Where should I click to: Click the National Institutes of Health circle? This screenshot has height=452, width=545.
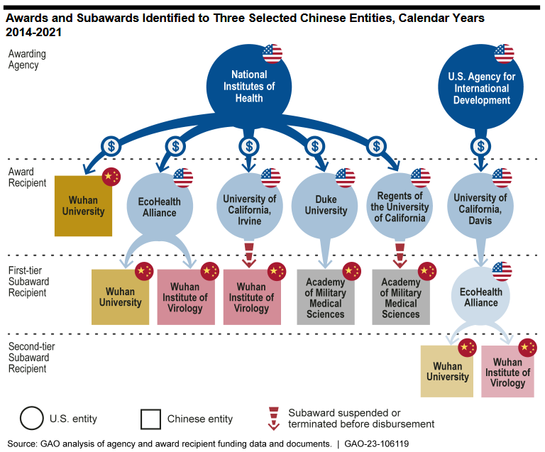click(x=249, y=86)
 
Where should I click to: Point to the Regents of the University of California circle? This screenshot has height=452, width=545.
click(x=400, y=206)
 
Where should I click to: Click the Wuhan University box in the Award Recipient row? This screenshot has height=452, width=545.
click(x=83, y=206)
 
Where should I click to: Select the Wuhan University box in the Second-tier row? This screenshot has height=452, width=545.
click(x=447, y=372)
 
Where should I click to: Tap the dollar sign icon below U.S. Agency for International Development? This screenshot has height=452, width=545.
click(x=480, y=146)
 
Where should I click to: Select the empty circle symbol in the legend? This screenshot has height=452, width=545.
click(x=32, y=419)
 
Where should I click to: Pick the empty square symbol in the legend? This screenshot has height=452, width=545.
click(x=150, y=419)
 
